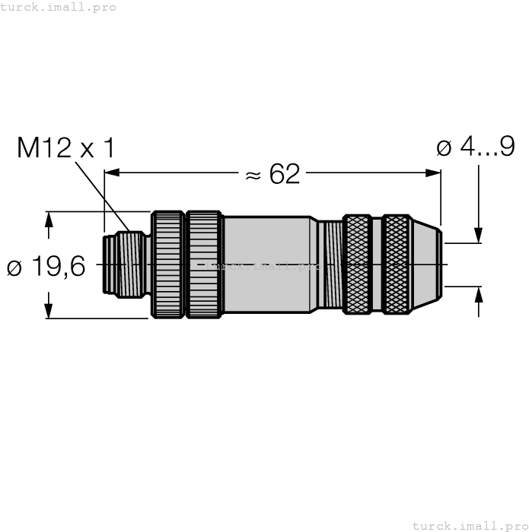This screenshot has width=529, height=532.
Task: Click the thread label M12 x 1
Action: (65, 148)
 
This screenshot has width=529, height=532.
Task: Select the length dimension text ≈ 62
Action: (272, 174)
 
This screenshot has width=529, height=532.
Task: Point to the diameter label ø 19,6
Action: (46, 267)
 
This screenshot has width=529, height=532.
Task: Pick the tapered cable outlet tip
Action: (427, 264)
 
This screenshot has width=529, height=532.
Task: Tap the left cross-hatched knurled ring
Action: (356, 264)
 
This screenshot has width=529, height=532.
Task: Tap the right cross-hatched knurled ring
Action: (396, 264)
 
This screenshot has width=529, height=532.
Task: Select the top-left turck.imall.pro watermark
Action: (59, 7)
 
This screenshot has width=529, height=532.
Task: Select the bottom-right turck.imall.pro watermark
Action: (470, 525)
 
